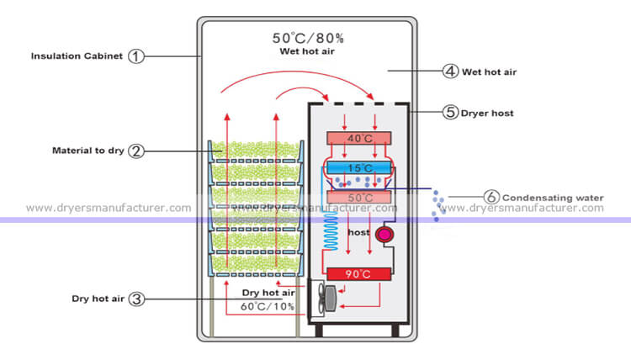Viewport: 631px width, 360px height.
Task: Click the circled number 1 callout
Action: (x=136, y=56)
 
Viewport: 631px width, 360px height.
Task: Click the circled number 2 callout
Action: (x=136, y=151)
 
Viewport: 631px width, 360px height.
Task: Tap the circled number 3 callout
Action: (x=136, y=299)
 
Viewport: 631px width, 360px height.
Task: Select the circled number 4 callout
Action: (x=452, y=71)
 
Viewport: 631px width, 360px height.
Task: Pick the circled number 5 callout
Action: (x=452, y=111)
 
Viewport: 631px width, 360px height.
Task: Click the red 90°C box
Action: (x=358, y=274)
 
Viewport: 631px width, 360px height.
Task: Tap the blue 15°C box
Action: (x=358, y=167)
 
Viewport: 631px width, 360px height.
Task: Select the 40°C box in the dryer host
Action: (x=358, y=138)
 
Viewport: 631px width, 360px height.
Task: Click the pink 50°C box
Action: (x=358, y=198)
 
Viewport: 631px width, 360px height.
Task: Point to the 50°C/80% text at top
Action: (x=307, y=38)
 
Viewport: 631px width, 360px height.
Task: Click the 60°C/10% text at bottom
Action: (x=266, y=305)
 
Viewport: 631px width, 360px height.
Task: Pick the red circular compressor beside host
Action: (x=385, y=235)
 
